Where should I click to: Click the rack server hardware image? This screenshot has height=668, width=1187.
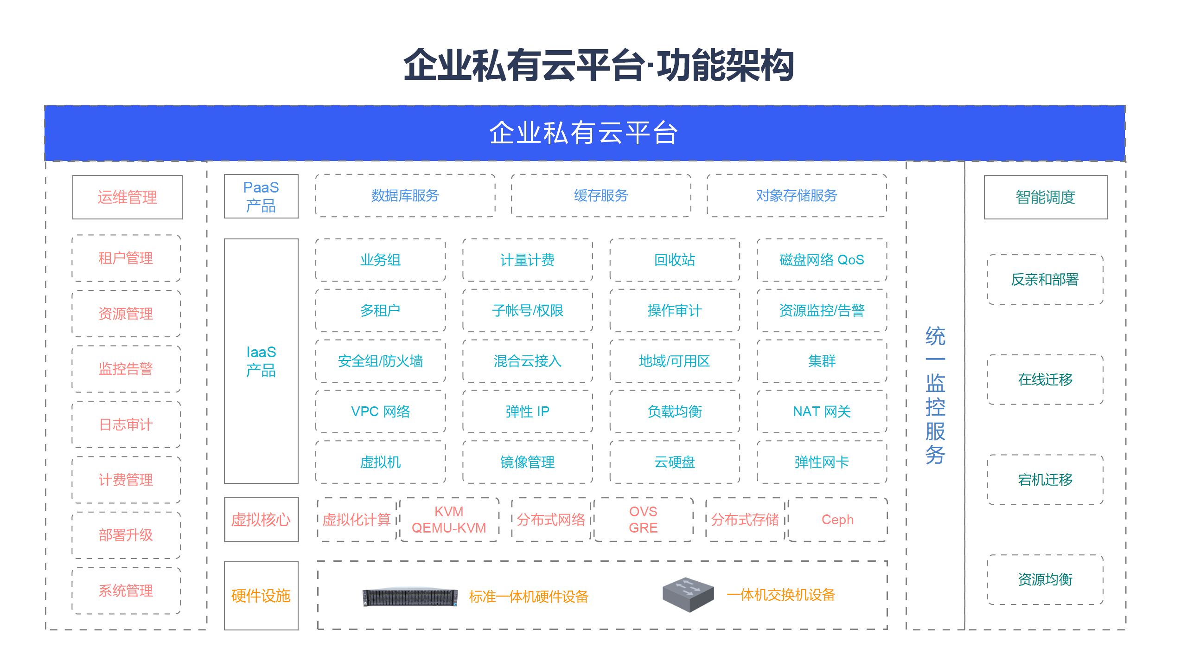(x=410, y=597)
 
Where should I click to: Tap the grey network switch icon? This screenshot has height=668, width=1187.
(x=688, y=595)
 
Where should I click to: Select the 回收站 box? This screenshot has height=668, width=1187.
(x=675, y=260)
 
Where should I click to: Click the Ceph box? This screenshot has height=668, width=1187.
(x=837, y=520)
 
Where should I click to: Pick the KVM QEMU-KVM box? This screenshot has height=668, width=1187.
(x=449, y=520)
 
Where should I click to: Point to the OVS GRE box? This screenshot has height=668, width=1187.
(x=643, y=520)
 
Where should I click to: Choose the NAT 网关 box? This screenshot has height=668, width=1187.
(x=822, y=411)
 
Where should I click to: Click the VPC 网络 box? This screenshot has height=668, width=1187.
(x=380, y=411)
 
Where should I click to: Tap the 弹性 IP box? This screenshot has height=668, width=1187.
(x=527, y=411)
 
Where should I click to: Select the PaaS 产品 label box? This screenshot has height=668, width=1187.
(x=261, y=196)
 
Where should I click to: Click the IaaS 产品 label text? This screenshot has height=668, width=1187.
(x=261, y=361)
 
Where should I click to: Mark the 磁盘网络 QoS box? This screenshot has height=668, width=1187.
(x=822, y=260)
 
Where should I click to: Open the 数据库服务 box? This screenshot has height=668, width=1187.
(x=405, y=196)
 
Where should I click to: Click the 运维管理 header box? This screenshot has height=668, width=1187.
(x=128, y=197)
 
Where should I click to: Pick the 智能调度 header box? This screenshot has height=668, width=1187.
(x=1045, y=197)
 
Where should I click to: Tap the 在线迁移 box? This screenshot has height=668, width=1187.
(x=1045, y=379)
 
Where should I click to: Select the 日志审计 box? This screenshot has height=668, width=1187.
(x=126, y=424)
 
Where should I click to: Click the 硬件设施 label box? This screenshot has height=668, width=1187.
(x=261, y=596)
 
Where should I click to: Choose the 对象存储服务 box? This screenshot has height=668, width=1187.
(x=797, y=196)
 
